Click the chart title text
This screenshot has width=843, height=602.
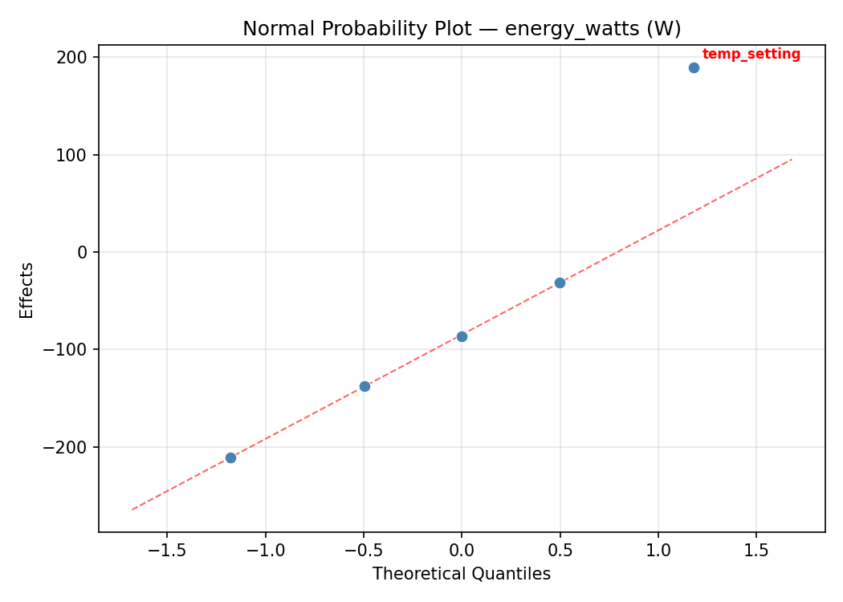pyautogui.click(x=462, y=29)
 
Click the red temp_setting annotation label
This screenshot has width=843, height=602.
pyautogui.click(x=751, y=55)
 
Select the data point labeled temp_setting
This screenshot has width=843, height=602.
pyautogui.click(x=694, y=67)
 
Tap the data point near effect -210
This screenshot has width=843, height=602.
pyautogui.click(x=230, y=458)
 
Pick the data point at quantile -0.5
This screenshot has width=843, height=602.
pyautogui.click(x=364, y=386)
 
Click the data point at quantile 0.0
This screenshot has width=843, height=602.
pyautogui.click(x=462, y=336)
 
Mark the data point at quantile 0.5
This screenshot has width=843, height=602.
pyautogui.click(x=560, y=283)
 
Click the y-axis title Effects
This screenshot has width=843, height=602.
pyautogui.click(x=27, y=290)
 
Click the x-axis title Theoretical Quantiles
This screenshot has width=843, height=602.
pyautogui.click(x=462, y=574)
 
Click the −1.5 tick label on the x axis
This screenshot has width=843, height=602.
pyautogui.click(x=167, y=550)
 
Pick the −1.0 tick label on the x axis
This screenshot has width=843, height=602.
pyautogui.click(x=265, y=550)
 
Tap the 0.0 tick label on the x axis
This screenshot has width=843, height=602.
pyautogui.click(x=462, y=550)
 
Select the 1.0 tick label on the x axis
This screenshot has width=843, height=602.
pyautogui.click(x=658, y=550)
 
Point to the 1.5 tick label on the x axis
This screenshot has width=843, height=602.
pyautogui.click(x=756, y=550)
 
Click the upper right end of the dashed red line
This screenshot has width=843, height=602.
pyautogui.click(x=792, y=159)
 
